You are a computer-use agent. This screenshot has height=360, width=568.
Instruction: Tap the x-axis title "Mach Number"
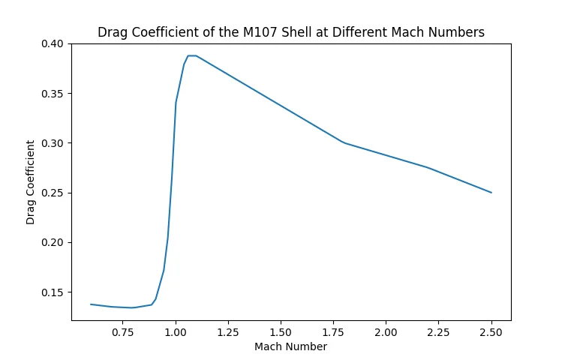(290, 346)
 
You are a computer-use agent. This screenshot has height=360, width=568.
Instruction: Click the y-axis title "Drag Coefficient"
(31, 181)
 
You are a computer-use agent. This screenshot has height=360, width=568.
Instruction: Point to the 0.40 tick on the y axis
(54, 43)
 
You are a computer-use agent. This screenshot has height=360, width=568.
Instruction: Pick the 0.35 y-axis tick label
(54, 94)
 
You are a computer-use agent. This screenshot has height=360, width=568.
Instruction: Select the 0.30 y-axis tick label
(54, 143)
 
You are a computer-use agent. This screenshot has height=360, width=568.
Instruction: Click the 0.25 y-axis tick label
(54, 193)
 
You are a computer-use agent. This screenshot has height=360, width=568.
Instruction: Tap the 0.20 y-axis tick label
(54, 242)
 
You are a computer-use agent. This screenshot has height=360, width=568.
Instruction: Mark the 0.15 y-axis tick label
(54, 292)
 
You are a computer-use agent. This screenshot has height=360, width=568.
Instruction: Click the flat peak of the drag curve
(192, 55)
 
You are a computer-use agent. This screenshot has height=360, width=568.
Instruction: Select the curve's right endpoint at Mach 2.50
(491, 193)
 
